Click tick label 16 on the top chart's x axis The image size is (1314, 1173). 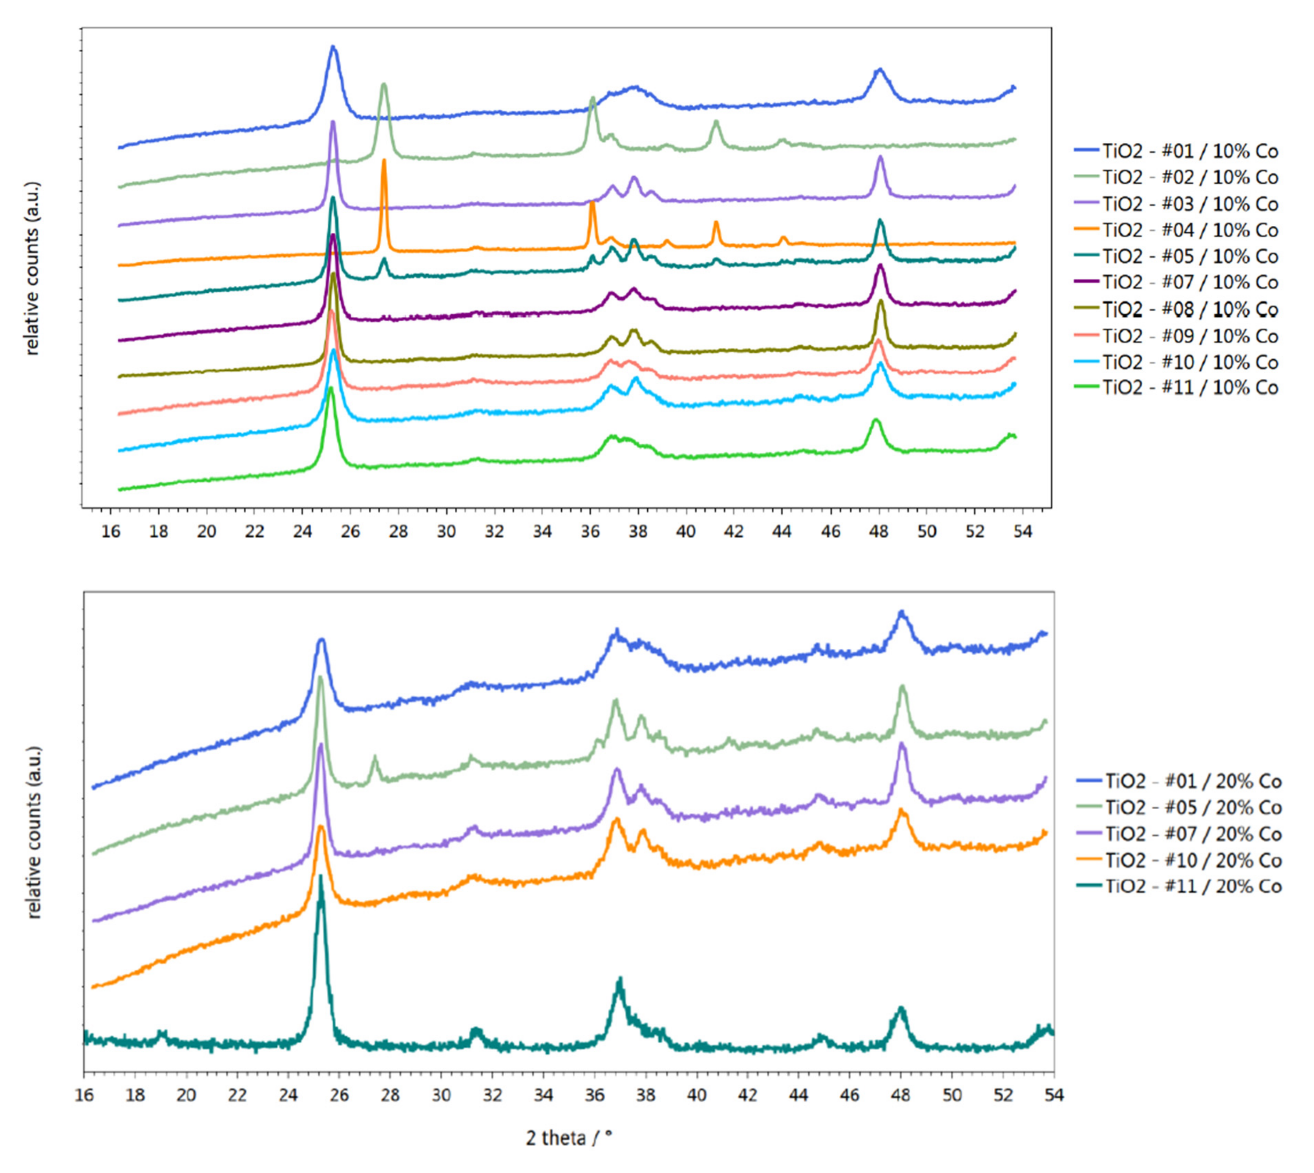coord(111,532)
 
